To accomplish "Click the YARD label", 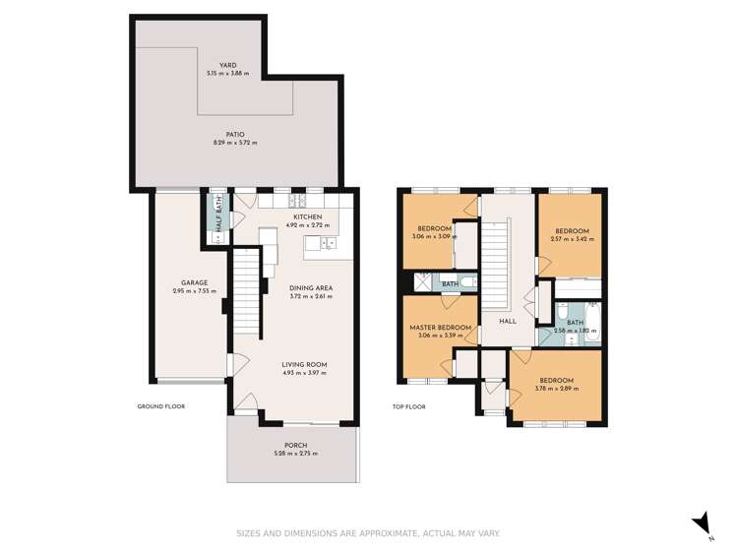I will click(x=227, y=66).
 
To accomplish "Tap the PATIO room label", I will click(x=234, y=135).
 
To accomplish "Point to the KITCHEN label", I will click(x=307, y=216).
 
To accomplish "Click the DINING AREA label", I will click(x=311, y=287).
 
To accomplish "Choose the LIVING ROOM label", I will click(x=304, y=364).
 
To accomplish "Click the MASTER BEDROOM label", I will click(x=441, y=327).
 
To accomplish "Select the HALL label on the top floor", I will click(x=507, y=321).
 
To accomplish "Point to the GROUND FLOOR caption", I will click(x=160, y=405).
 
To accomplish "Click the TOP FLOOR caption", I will click(x=408, y=405).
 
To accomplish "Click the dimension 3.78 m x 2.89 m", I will click(x=556, y=388).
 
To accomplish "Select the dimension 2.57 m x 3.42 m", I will click(x=572, y=238).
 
